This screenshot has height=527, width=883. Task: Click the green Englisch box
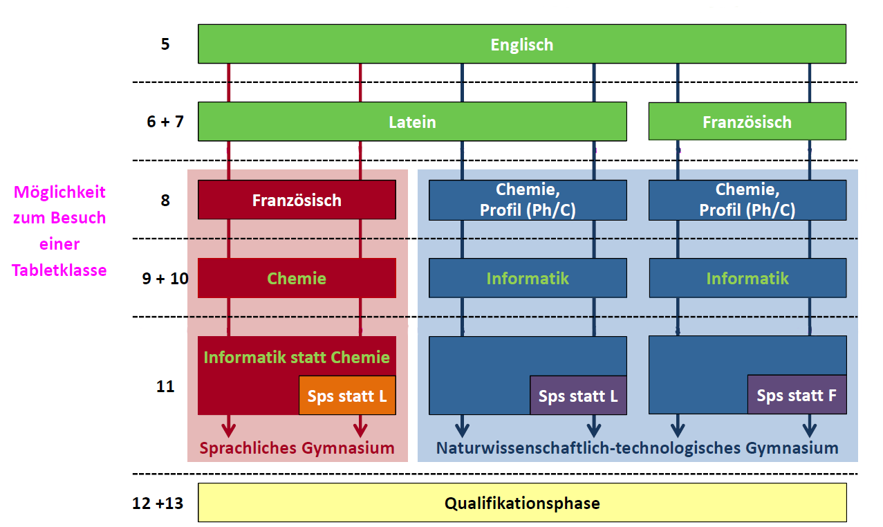point(522,44)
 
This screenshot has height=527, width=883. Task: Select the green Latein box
point(412,122)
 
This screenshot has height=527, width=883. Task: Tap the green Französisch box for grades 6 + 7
point(747,122)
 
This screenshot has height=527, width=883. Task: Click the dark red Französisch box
point(297,200)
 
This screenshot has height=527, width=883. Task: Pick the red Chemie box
point(297,278)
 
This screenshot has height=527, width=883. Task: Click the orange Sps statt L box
point(347,396)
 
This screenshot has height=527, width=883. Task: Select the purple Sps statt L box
point(578,396)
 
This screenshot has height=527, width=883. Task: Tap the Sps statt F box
point(797,395)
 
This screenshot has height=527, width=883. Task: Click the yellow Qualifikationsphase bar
point(522,503)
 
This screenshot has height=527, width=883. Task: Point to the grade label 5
point(165,44)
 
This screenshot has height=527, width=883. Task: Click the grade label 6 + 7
point(165,122)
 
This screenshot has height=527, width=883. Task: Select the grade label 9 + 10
point(165,278)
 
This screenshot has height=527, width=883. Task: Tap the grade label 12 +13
point(158,503)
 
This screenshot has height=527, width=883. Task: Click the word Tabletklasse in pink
point(59,270)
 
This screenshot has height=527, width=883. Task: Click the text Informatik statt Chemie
point(297,357)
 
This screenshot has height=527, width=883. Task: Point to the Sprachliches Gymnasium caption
point(297,448)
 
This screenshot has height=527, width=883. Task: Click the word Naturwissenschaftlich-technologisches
point(588,448)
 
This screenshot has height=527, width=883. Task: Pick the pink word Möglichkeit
point(59,192)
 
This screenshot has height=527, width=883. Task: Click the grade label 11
point(165,387)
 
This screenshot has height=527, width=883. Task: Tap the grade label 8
point(165,201)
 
